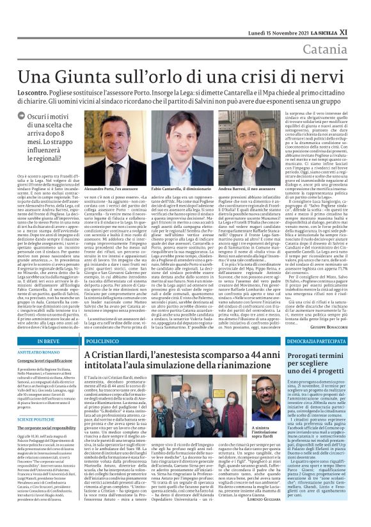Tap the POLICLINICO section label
[x=101, y=343]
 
